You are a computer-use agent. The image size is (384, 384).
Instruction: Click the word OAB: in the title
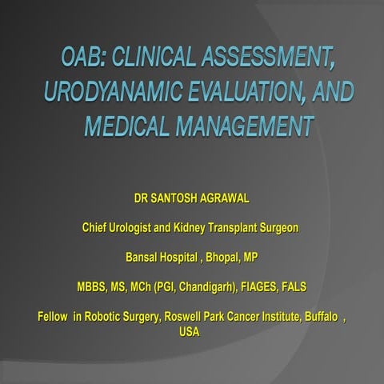pyautogui.click(x=85, y=57)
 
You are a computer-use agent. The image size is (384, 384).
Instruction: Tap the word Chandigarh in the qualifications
pyautogui.click(x=204, y=286)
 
